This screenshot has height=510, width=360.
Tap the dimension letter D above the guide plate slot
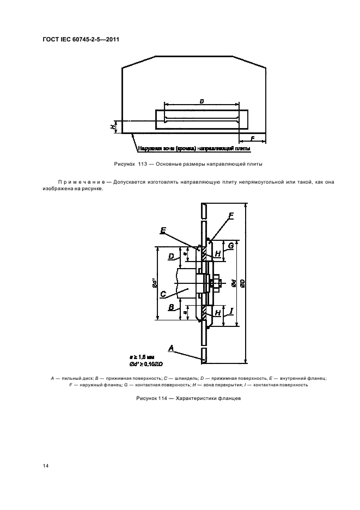click(202, 101)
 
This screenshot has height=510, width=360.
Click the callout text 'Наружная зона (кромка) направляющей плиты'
click(194, 148)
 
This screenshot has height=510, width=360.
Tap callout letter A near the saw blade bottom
click(171, 347)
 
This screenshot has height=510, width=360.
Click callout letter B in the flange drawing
click(171, 307)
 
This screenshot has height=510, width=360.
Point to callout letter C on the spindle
click(163, 293)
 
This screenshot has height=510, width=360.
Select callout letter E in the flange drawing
click(163, 230)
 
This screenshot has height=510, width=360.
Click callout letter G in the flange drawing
click(231, 246)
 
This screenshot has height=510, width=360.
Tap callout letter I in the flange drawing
click(231, 311)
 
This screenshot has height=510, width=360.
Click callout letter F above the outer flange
click(231, 216)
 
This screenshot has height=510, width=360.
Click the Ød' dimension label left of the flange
click(154, 283)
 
